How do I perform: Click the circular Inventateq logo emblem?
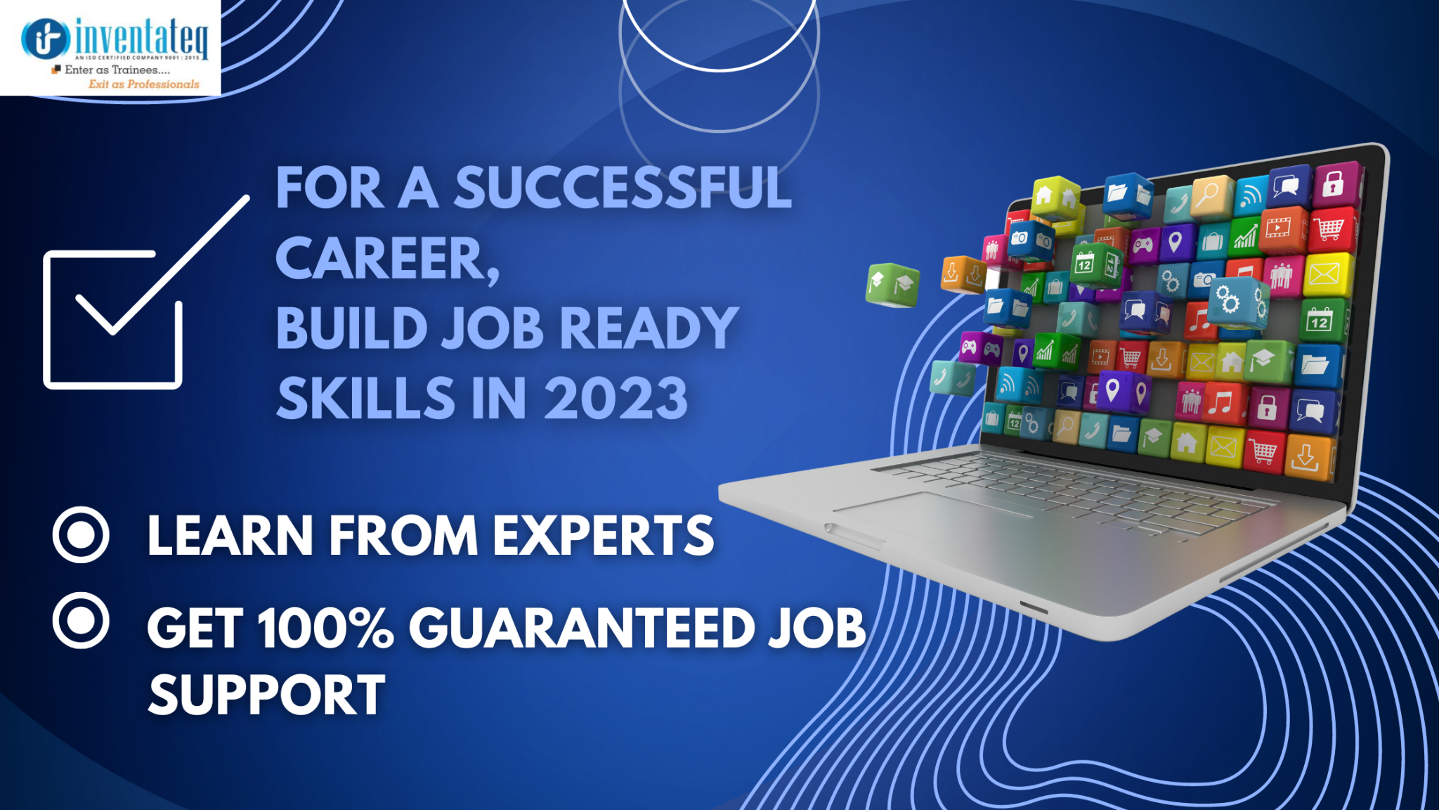tap(46, 38)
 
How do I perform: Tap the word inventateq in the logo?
tap(141, 37)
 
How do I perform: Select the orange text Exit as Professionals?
tap(144, 84)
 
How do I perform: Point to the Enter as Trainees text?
tap(117, 70)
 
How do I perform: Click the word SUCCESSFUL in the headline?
tap(623, 188)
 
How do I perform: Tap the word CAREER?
tap(387, 259)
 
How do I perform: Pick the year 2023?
tap(616, 398)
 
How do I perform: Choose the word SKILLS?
tap(365, 398)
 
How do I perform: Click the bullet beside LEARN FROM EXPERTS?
tap(81, 535)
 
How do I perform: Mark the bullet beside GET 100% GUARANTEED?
tap(81, 621)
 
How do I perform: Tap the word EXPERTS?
tap(603, 536)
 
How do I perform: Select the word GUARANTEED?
tap(582, 627)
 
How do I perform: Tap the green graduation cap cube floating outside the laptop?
tap(892, 285)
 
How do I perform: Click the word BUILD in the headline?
tap(351, 328)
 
